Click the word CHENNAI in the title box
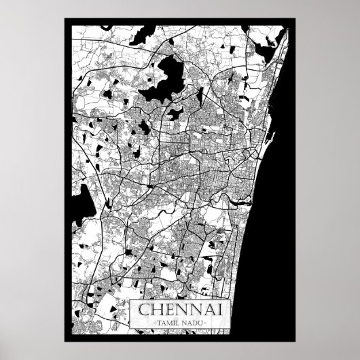[x=180, y=310]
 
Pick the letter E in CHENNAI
[x=168, y=310]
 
